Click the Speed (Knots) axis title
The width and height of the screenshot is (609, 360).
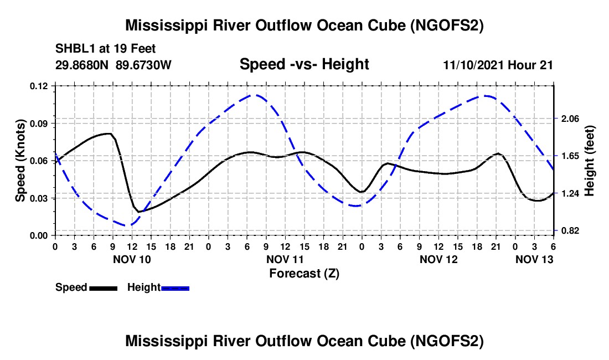click(x=20, y=161)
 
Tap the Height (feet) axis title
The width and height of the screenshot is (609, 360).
click(x=589, y=161)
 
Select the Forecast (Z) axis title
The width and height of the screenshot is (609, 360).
click(x=304, y=273)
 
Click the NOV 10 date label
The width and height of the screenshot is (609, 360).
click(x=132, y=259)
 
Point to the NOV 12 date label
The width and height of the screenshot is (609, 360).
click(x=438, y=259)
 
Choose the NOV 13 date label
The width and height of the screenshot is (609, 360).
click(x=534, y=259)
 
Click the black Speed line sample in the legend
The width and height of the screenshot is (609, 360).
click(x=103, y=288)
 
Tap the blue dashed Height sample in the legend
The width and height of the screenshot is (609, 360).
click(x=176, y=288)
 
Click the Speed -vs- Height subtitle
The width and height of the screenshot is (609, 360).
click(x=304, y=64)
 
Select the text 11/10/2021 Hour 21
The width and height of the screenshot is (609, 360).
click(x=498, y=65)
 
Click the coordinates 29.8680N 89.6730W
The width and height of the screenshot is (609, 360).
click(x=113, y=65)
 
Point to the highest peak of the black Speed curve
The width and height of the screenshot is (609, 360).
click(x=109, y=133)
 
